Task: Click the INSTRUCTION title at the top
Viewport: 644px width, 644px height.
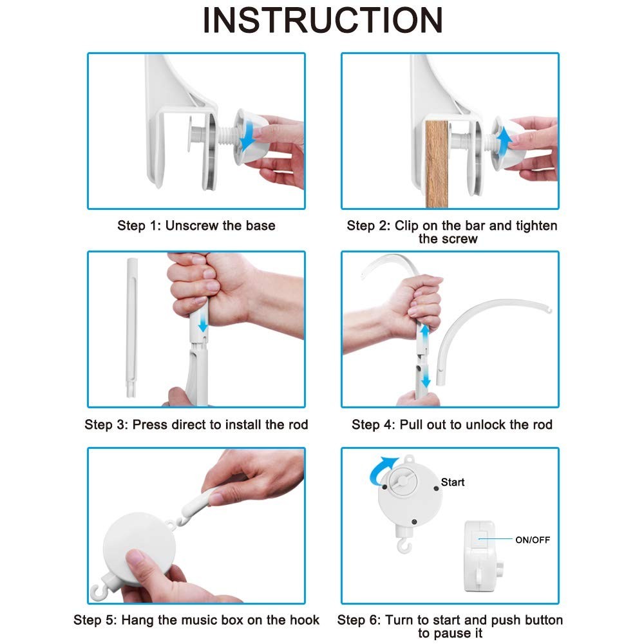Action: [x=323, y=20]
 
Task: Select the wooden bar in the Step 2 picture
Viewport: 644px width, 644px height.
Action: [x=437, y=164]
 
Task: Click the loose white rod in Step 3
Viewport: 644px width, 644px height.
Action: [x=132, y=327]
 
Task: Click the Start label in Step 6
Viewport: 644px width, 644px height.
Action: [x=453, y=482]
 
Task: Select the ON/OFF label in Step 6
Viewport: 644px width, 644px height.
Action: [x=533, y=540]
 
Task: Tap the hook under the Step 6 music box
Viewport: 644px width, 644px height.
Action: [x=404, y=546]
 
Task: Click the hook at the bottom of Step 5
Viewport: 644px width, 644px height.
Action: [x=99, y=591]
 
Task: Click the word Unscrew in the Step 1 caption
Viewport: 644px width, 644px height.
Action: [x=192, y=225]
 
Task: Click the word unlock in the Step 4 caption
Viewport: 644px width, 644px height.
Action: [x=486, y=424]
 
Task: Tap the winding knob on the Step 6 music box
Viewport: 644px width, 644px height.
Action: [x=402, y=482]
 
